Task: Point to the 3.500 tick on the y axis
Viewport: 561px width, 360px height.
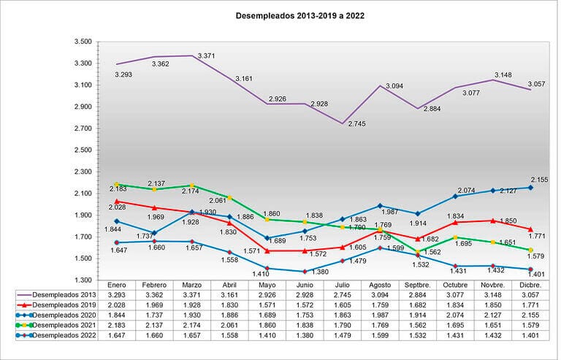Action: coord(82,42)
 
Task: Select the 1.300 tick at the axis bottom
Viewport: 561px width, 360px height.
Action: coord(82,280)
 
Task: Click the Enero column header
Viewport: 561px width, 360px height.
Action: coord(117,285)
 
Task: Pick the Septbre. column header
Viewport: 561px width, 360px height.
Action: coord(417,285)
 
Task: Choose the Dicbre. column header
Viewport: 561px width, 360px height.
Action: coord(530,285)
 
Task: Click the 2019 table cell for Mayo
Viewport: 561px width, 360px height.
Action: coord(267,305)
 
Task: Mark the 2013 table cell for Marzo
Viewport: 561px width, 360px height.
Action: coord(192,295)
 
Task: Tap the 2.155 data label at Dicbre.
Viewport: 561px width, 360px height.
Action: coord(538,179)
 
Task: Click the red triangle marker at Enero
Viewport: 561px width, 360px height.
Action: coord(117,201)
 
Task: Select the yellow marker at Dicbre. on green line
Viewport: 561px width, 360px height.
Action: coord(530,250)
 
